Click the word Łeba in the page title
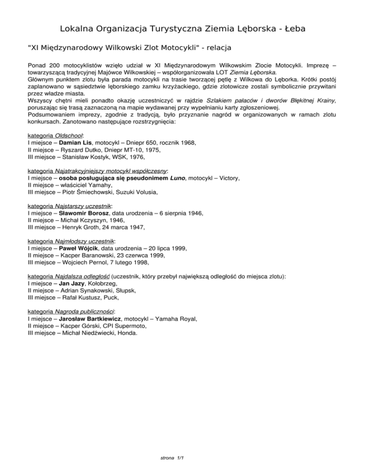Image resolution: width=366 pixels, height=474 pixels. pos(291,29)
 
